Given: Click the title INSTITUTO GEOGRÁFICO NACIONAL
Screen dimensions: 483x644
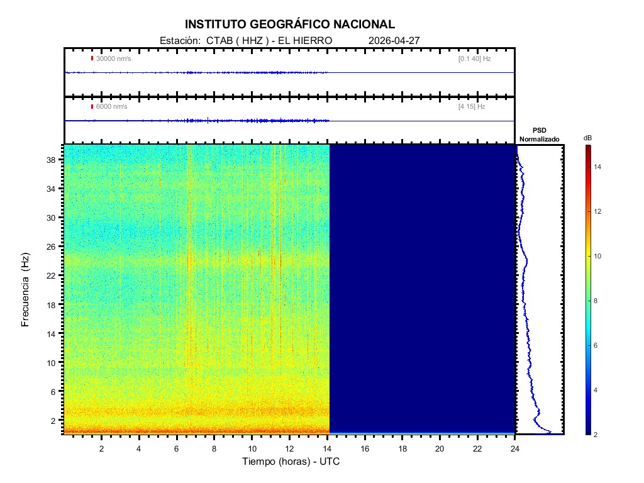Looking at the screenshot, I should point(290,25).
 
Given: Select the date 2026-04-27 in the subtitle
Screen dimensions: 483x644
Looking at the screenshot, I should point(394,41).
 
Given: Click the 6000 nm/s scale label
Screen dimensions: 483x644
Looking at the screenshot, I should point(111,107).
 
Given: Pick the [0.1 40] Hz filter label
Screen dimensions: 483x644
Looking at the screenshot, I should point(474,58).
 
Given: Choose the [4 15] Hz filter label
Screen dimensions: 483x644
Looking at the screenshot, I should point(472,107).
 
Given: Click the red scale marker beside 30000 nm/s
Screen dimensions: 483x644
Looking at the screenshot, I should point(92,58).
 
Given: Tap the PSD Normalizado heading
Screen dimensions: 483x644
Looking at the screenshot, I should point(540,135).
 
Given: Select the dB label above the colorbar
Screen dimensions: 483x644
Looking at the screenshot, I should point(587,138).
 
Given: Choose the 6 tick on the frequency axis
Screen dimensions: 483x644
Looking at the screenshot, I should point(56,391).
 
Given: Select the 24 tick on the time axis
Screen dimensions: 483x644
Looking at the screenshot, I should point(515,448).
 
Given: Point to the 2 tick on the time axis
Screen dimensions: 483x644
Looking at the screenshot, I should point(101,448).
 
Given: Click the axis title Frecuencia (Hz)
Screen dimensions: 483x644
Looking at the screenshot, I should point(26,289).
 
